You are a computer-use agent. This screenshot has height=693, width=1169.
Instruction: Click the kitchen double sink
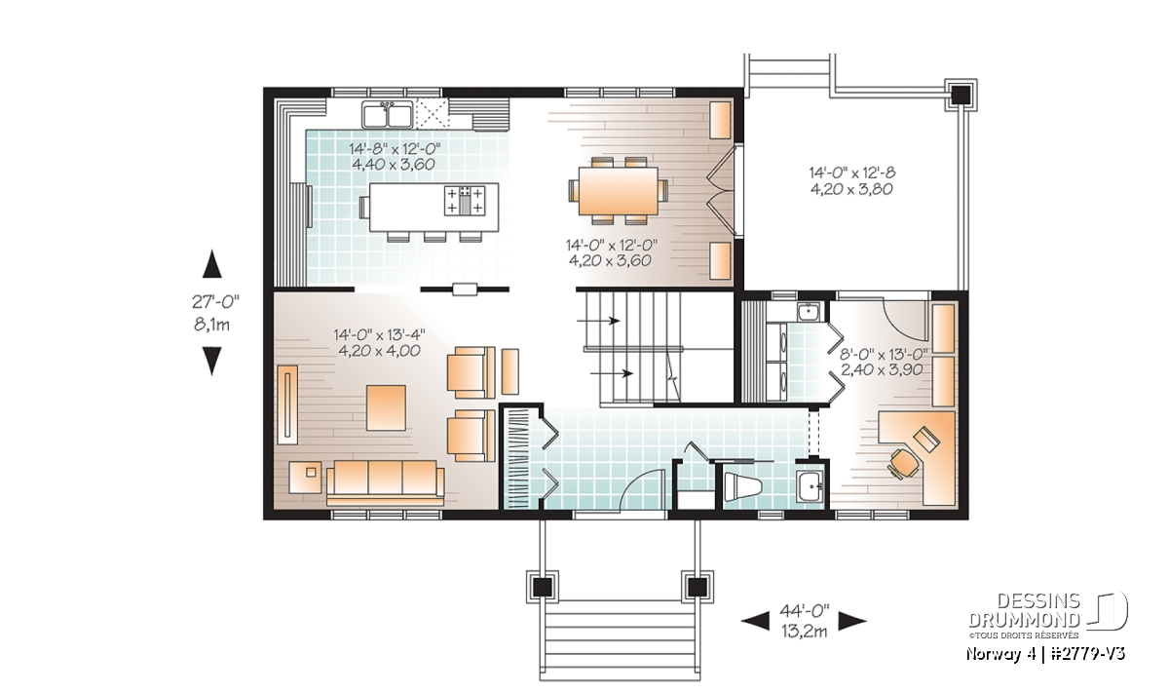click(388, 114)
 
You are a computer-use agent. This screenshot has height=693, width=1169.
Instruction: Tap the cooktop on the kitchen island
click(465, 201)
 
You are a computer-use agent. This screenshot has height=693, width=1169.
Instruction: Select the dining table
click(618, 191)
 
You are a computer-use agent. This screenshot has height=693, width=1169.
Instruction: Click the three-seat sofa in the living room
click(385, 483)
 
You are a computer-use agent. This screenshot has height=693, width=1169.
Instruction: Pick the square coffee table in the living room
click(386, 407)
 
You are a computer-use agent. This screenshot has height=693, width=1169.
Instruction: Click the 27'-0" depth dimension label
click(215, 302)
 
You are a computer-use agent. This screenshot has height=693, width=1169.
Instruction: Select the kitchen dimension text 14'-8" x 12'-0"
click(396, 148)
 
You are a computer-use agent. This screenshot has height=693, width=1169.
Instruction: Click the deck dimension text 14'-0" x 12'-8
click(852, 173)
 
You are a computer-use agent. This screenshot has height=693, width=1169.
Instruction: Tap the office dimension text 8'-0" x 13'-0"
click(883, 354)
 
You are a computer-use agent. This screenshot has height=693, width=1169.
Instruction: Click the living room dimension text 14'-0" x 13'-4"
click(379, 334)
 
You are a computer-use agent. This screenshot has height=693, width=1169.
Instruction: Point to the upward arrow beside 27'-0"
click(212, 264)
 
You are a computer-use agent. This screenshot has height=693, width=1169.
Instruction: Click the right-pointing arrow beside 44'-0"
click(852, 622)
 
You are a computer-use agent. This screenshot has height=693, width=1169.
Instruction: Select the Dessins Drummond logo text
click(1025, 610)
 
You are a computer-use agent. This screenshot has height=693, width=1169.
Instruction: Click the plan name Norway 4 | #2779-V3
click(1045, 654)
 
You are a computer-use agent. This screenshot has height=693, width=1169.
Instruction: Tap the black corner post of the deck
click(961, 96)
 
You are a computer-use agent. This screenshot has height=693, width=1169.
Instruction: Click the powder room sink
click(810, 486)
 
